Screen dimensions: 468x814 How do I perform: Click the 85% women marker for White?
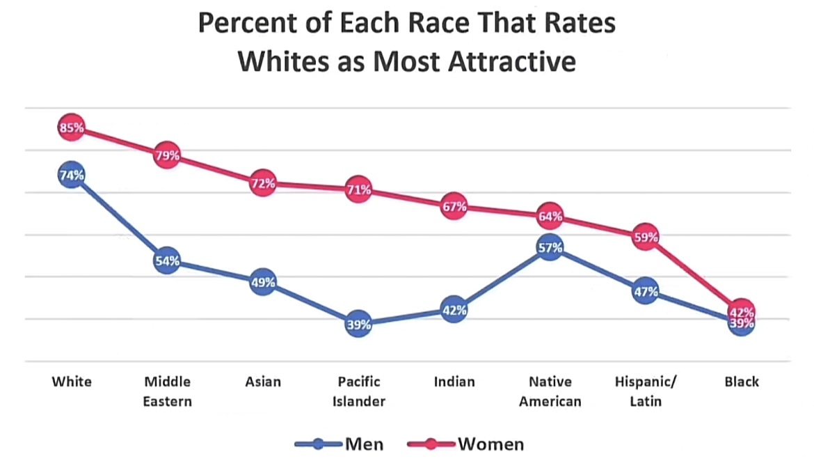pyautogui.click(x=72, y=127)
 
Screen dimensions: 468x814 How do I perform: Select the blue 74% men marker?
pyautogui.click(x=72, y=175)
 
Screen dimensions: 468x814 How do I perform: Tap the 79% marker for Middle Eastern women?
pyautogui.click(x=167, y=155)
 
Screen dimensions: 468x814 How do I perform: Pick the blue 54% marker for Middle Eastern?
pyautogui.click(x=167, y=261)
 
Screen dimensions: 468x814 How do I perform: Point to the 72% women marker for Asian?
pyautogui.click(x=263, y=183)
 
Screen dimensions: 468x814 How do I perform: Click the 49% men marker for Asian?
pyautogui.click(x=263, y=282)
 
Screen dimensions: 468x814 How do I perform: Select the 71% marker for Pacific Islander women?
pyautogui.click(x=358, y=189)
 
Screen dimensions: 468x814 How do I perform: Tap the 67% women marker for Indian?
pyautogui.click(x=454, y=206)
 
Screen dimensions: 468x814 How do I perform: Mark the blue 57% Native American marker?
pyautogui.click(x=550, y=247)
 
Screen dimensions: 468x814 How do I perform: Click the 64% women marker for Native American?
pyautogui.click(x=550, y=216)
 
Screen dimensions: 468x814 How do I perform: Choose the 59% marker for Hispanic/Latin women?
pyautogui.click(x=646, y=237)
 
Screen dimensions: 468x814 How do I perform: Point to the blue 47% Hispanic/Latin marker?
pyautogui.click(x=646, y=291)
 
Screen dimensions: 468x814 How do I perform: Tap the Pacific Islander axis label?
pyautogui.click(x=358, y=391)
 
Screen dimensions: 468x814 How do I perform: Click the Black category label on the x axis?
pyautogui.click(x=742, y=382)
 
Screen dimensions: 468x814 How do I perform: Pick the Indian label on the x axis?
pyautogui.click(x=454, y=382)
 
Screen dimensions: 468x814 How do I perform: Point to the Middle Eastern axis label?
pyautogui.click(x=167, y=391)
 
